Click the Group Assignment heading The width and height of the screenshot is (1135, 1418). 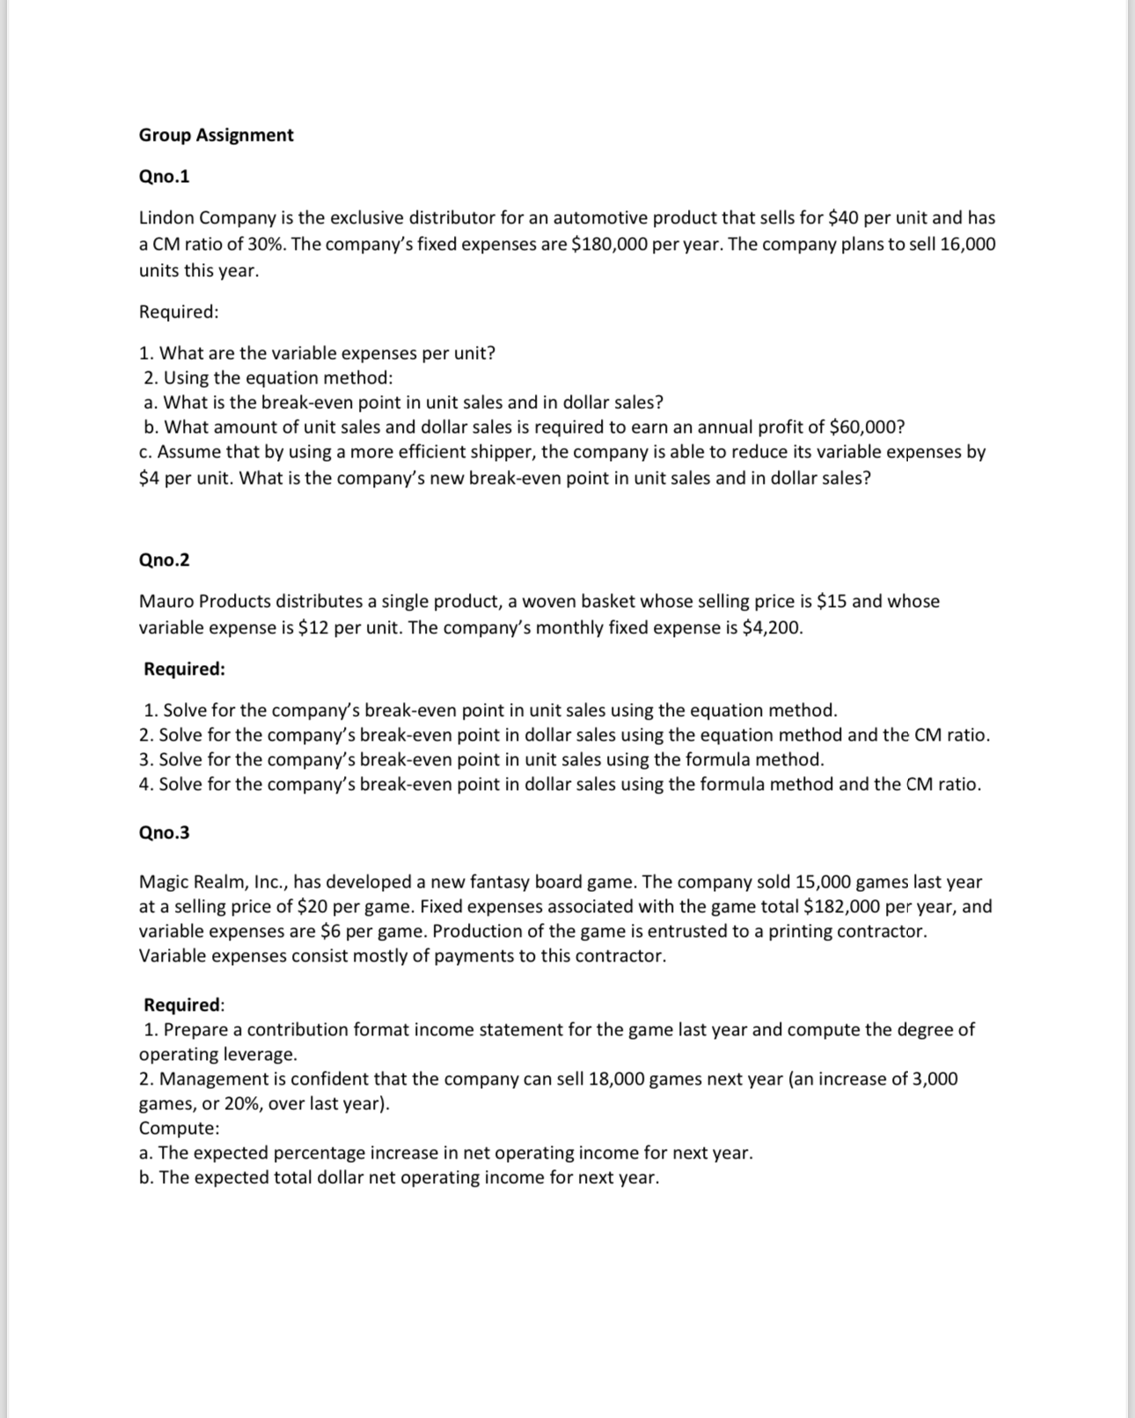pos(216,135)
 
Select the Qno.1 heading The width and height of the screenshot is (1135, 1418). pos(165,177)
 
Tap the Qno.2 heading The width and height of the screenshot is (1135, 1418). pos(165,560)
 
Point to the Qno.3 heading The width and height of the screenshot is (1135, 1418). pos(165,833)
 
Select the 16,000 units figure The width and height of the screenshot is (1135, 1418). pos(968,245)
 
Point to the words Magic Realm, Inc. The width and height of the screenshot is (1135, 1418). pos(212,882)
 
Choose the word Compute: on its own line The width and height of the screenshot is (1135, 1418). pos(179,1129)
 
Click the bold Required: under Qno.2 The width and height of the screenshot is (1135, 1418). pos(185,669)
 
